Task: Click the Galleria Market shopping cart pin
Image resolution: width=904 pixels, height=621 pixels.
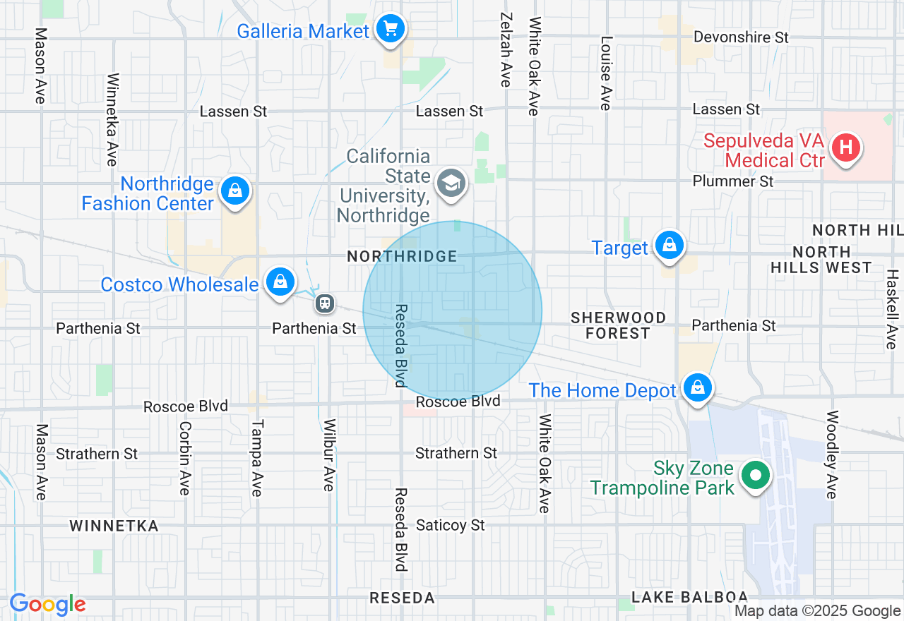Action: (390, 30)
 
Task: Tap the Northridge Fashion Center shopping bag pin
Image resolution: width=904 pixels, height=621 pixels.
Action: (235, 191)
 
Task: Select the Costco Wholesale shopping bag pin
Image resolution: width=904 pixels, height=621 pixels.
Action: (280, 282)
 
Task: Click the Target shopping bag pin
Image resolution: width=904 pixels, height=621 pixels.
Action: (669, 246)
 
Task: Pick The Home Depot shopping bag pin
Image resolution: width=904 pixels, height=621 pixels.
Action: (697, 388)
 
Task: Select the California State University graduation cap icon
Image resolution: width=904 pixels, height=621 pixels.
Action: (451, 183)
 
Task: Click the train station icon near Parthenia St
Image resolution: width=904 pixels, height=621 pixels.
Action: (325, 303)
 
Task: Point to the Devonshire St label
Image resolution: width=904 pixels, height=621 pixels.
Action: (741, 37)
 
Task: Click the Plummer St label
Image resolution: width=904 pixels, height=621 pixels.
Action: (733, 181)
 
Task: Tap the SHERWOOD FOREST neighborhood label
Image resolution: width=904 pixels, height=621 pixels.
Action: (618, 325)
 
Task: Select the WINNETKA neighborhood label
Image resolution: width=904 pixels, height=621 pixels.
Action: (114, 526)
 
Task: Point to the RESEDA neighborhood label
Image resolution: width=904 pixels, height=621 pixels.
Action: (402, 598)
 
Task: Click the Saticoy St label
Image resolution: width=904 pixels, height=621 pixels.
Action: (451, 525)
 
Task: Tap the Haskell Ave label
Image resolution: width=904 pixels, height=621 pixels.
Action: (891, 309)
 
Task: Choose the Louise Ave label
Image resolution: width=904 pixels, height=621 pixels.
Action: (606, 73)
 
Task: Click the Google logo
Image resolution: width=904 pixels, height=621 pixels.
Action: (47, 605)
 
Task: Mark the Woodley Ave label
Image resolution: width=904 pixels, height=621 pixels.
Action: (832, 454)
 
